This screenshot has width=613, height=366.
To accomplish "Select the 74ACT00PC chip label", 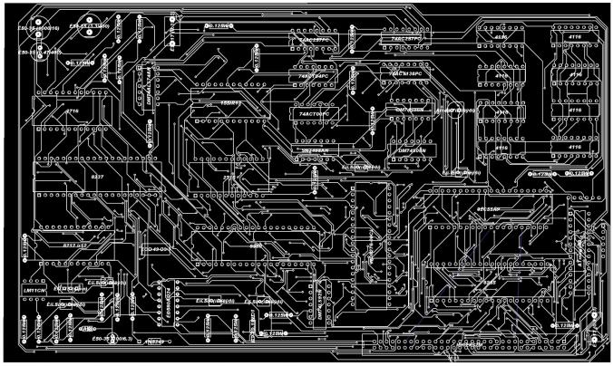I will (312, 115).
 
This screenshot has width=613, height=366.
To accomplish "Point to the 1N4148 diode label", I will (155, 342).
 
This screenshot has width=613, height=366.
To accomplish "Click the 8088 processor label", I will (256, 246).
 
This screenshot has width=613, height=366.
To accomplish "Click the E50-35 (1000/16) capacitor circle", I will (42, 29).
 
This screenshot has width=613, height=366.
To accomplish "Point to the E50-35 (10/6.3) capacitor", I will (114, 341).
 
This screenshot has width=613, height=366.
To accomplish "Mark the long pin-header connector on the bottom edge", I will (472, 345).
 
